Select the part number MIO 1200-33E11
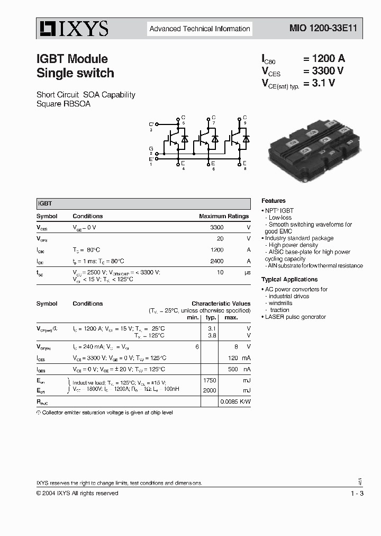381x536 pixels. tap(319, 29)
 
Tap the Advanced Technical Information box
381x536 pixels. tap(199, 29)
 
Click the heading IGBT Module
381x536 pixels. tap(72, 59)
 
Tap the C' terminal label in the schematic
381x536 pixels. tap(151, 124)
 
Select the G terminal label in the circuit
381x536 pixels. tap(151, 149)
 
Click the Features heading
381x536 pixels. tap(274, 201)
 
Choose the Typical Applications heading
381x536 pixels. tap(289, 279)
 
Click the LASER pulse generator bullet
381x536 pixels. tap(295, 317)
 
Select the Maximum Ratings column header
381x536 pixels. tap(224, 216)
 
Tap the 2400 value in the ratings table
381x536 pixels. tap(217, 261)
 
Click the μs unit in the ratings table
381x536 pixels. tap(247, 272)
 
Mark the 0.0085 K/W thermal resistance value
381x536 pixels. tap(235, 401)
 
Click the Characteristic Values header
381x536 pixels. tap(221, 303)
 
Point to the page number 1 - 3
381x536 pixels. tap(357, 494)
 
